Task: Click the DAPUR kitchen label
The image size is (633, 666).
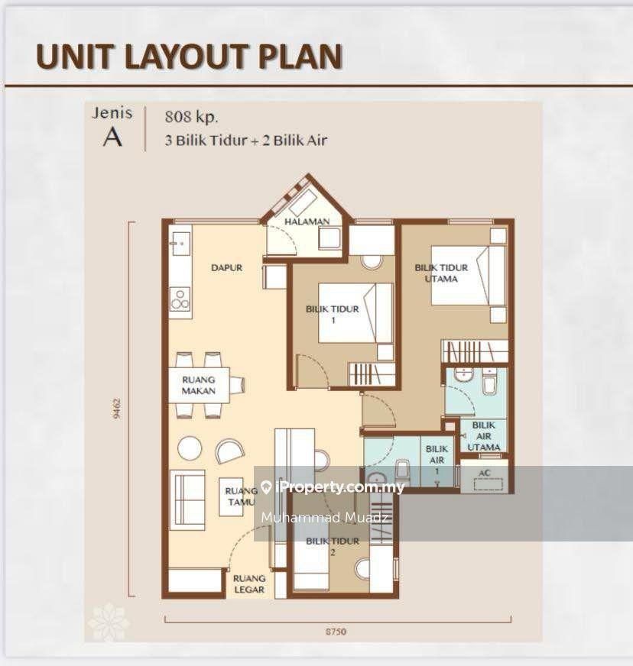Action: point(226,267)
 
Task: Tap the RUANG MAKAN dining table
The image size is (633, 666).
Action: point(199,385)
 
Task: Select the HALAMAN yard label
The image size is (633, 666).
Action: point(307,221)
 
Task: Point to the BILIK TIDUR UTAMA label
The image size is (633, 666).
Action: point(441,273)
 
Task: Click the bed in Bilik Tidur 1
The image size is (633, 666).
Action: point(355,313)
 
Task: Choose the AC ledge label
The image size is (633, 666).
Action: point(485,473)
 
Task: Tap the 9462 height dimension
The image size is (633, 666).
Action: point(117,409)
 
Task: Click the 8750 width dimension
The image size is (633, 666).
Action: point(336,632)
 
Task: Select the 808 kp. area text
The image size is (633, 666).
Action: point(191,117)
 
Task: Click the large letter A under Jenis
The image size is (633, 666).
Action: point(112,137)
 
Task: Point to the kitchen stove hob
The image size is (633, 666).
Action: point(180,299)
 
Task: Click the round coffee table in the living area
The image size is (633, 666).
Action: point(190,448)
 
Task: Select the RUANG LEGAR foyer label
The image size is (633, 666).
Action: point(249,584)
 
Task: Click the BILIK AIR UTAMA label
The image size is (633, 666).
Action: point(484,436)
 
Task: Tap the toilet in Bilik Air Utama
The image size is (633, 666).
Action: point(489,381)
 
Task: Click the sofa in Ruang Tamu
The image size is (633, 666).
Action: point(187,500)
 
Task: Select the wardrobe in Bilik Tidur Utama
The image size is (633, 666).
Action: point(475,351)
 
